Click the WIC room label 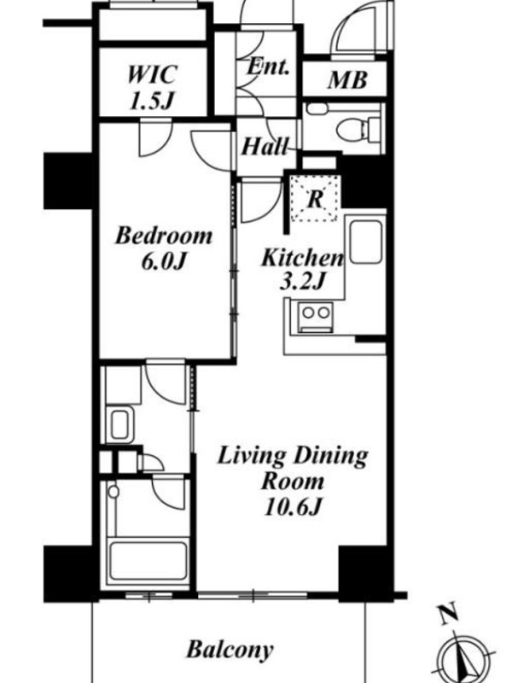(152, 74)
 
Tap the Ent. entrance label (268, 67)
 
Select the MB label (347, 80)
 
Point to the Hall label (265, 146)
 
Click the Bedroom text (164, 236)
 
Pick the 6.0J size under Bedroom (164, 261)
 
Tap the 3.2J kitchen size (302, 282)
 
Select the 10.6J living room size (293, 507)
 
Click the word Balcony (230, 650)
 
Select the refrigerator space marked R (315, 199)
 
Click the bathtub (148, 561)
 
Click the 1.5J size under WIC (152, 100)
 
